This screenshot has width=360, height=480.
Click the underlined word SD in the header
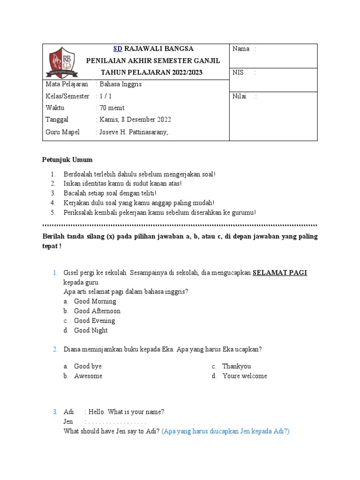pos(118,49)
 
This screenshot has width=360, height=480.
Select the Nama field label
pos(241,49)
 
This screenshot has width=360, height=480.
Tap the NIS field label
pos(239,73)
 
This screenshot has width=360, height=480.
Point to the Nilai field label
pos(239,97)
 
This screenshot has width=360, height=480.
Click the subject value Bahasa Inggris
pos(119,84)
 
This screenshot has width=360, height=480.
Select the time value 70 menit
pos(111,108)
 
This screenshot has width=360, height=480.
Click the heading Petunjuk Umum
pos(67,160)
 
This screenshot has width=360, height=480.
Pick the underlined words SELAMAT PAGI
pos(280,273)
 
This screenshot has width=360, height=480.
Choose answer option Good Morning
pos(95,301)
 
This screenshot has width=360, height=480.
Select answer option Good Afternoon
pos(97,311)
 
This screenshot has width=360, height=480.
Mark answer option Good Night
pos(91,330)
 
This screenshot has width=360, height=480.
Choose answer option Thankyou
pos(236,366)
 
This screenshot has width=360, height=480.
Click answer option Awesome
pos(88,376)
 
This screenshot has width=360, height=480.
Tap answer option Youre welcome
pos(245,376)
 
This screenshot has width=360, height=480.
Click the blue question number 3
pos(55,412)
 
